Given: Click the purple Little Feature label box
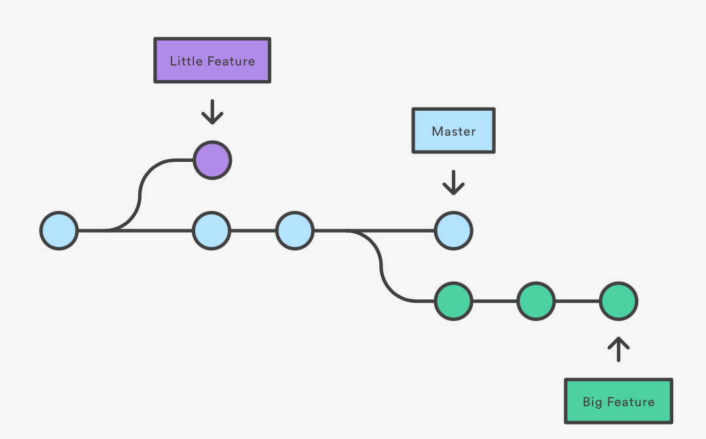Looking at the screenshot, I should [x=212, y=60].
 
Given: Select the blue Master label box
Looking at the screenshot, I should [x=453, y=131].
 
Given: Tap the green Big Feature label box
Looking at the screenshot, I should [x=618, y=401].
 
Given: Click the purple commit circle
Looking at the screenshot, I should [x=212, y=160].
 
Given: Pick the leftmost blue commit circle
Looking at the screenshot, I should [x=59, y=231].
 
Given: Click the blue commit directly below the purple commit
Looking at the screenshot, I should [x=212, y=231].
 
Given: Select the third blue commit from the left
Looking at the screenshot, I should [x=295, y=231].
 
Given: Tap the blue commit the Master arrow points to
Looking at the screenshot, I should [x=453, y=231].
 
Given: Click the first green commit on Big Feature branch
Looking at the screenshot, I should [x=453, y=301].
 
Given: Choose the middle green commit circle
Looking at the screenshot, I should [x=536, y=301].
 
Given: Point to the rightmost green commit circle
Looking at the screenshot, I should [x=618, y=301].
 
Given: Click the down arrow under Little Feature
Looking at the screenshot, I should [x=212, y=111].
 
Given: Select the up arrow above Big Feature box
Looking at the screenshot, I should [x=618, y=350].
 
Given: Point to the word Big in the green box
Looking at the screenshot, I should [x=593, y=402].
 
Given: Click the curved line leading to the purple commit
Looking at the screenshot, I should [x=141, y=193].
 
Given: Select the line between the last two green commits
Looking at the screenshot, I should [x=577, y=301].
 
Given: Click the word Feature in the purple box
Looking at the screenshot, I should [x=231, y=61].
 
